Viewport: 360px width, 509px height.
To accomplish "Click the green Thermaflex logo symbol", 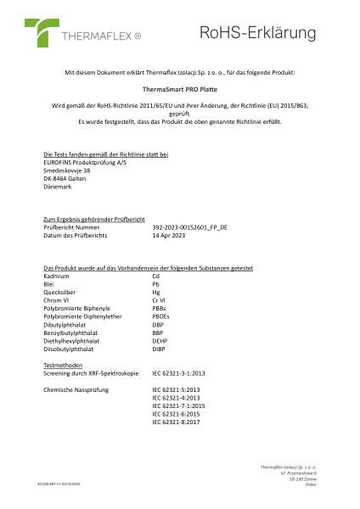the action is pyautogui.click(x=39, y=32).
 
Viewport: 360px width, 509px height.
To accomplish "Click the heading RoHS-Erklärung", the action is pyautogui.click(x=256, y=33).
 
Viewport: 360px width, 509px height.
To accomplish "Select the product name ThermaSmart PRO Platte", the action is pyautogui.click(x=178, y=87).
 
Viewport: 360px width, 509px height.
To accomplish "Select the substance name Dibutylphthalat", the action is pyautogui.click(x=69, y=320).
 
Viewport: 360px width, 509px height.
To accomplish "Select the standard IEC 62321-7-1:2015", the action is pyautogui.click(x=179, y=406).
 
